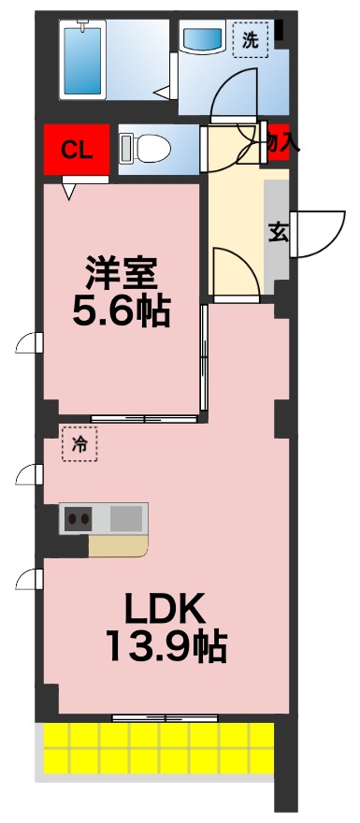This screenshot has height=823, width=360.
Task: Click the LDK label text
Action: (x=165, y=610)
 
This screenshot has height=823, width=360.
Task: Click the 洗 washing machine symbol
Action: (x=250, y=40)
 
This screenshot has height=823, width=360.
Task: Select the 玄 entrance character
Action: (x=278, y=232)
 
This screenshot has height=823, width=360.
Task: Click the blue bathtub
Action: (x=81, y=58)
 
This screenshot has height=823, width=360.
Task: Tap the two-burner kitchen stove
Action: (x=77, y=518)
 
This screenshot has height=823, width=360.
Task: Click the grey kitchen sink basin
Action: (x=126, y=518)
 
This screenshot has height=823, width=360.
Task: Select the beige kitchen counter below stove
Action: (x=118, y=545)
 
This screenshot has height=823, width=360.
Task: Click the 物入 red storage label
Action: (x=279, y=143)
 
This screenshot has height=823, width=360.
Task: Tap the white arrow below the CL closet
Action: (x=69, y=190)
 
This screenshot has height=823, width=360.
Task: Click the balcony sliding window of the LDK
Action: (x=166, y=717)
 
